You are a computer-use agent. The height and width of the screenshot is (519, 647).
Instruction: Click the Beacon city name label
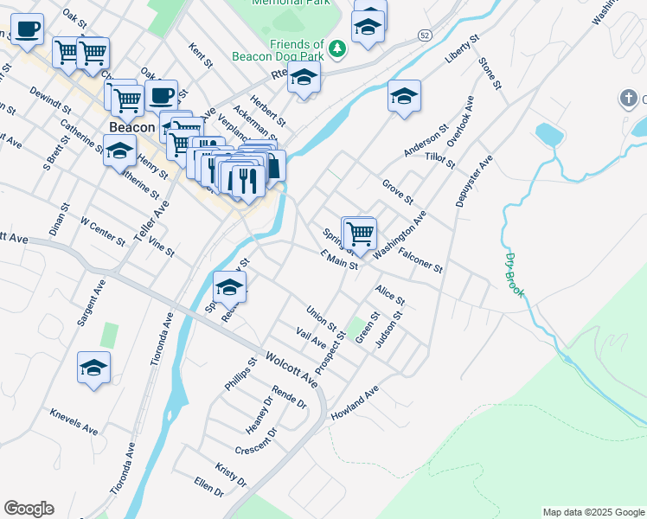point(132,127)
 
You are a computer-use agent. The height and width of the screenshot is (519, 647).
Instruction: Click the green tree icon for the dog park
point(337,49)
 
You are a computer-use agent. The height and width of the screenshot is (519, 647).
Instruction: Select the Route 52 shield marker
point(423,35)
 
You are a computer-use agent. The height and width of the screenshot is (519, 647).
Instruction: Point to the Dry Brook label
point(514,274)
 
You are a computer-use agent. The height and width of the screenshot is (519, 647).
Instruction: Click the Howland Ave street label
point(355,404)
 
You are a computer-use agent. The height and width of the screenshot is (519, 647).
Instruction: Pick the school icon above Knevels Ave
point(93,368)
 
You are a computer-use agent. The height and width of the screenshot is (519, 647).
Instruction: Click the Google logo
point(29,509)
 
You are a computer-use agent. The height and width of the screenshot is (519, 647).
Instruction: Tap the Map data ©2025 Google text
point(593,512)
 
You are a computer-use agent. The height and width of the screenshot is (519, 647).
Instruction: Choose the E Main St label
point(338,260)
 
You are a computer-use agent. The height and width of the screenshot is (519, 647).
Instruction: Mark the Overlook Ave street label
point(460,121)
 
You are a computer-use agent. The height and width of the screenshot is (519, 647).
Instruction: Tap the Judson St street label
point(390,329)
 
